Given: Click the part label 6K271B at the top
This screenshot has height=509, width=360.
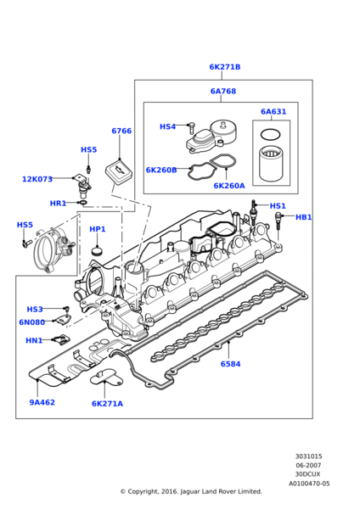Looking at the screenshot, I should (224, 67).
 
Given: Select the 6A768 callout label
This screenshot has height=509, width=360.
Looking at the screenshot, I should (223, 92).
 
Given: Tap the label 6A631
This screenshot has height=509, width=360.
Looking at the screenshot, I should (273, 112).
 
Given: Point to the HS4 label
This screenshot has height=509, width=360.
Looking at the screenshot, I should (167, 127).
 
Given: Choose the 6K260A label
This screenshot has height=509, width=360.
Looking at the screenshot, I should (228, 186).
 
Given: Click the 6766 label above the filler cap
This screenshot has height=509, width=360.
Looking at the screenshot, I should (121, 131).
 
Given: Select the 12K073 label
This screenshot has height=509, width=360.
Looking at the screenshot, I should (37, 179).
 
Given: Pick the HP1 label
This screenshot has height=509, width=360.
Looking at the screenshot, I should (98, 229).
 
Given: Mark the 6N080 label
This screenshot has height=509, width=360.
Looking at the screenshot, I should (32, 322).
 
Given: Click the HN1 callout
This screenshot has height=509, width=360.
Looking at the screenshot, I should (34, 340).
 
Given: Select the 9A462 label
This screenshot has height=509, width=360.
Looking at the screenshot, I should (42, 402).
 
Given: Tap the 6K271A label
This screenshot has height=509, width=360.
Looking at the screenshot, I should (107, 404).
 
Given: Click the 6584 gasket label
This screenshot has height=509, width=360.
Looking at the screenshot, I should (230, 364).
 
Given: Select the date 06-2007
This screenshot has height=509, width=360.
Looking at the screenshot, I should (308, 465).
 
